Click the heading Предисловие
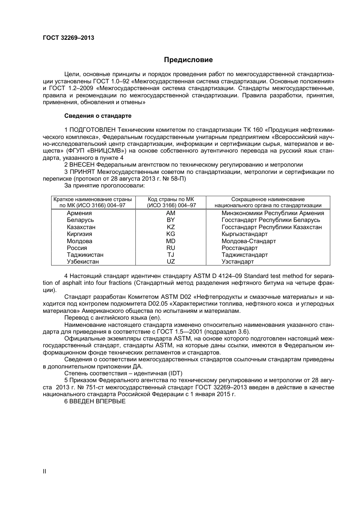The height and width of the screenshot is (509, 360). pyautogui.click(x=188, y=59)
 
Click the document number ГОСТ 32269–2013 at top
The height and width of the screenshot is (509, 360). pyautogui.click(x=69, y=38)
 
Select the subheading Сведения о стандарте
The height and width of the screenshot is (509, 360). pyautogui.click(x=98, y=116)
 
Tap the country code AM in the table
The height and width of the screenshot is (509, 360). pyautogui.click(x=171, y=213)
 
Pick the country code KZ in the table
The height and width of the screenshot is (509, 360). pyautogui.click(x=171, y=227)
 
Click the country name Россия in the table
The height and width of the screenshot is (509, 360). pyautogui.click(x=77, y=248)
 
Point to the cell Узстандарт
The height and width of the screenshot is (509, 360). pyautogui.click(x=238, y=262)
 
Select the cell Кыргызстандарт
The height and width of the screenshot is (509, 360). pyautogui.click(x=244, y=234)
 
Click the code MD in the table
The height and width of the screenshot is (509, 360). pyautogui.click(x=171, y=241)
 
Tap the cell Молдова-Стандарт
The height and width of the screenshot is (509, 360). pyautogui.click(x=249, y=241)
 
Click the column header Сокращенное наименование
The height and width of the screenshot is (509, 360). pyautogui.click(x=268, y=199)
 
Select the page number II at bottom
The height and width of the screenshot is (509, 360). pyautogui.click(x=44, y=472)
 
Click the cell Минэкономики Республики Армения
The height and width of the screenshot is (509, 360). pyautogui.click(x=272, y=213)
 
